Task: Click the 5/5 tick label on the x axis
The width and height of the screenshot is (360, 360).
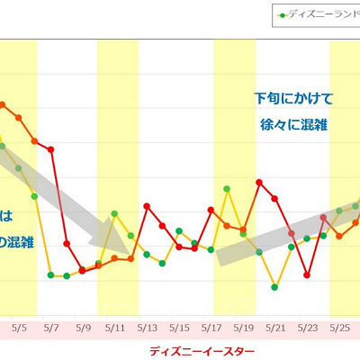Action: click(x=20, y=329)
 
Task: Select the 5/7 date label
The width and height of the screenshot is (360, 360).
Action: click(x=51, y=329)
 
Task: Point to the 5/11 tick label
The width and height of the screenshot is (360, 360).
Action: click(x=115, y=329)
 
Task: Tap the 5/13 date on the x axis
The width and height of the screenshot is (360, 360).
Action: click(x=148, y=329)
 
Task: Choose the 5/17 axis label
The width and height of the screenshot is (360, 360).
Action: click(x=211, y=329)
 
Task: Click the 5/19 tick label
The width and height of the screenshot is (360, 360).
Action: click(x=244, y=329)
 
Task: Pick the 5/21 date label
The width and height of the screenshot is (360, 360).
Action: click(x=276, y=329)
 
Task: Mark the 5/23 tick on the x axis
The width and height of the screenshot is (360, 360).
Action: click(x=308, y=329)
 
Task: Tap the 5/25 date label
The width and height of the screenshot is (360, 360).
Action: click(x=340, y=329)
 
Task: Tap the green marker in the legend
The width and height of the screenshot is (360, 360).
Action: click(x=282, y=15)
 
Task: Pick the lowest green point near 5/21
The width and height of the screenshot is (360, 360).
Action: click(x=274, y=288)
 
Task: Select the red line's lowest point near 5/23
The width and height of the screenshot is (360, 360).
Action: click(x=307, y=274)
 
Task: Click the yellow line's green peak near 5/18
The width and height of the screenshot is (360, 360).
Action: click(x=227, y=189)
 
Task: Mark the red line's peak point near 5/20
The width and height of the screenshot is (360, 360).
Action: click(x=259, y=183)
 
